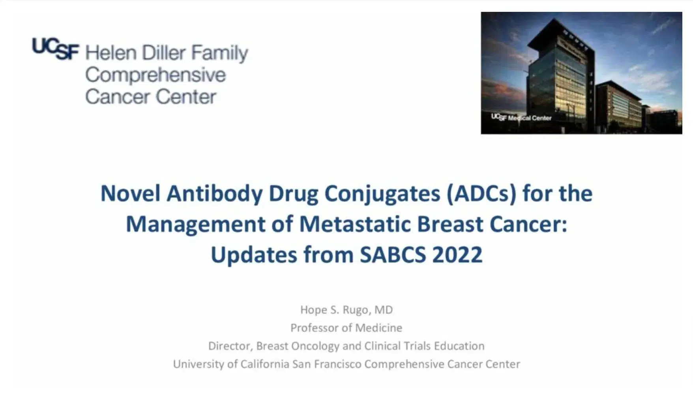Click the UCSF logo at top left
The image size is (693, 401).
pos(55,49)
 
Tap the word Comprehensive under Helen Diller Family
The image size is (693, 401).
pos(155,75)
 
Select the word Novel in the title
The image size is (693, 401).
pos(130,194)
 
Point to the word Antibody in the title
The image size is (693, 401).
pos(214,194)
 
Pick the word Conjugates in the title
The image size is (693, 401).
pos(382,194)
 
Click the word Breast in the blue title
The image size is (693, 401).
pos(450,224)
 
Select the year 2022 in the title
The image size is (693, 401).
pos(457,255)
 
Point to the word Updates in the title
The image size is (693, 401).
pos(254,255)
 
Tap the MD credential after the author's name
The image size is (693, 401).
pos(383,310)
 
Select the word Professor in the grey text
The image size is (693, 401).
pos(314,328)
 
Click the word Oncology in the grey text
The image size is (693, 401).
pos(315,346)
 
